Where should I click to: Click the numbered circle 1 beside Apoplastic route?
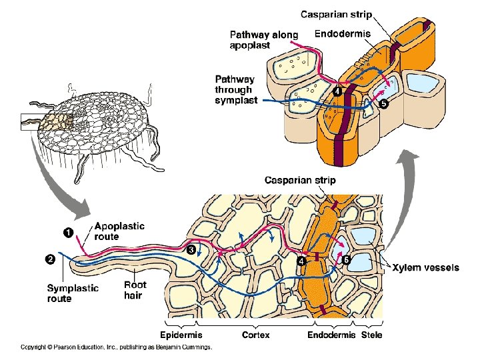(67, 231)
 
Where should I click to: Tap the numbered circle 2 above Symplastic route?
(49, 260)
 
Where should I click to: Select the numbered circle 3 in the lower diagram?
(191, 249)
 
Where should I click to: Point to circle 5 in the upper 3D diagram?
(383, 103)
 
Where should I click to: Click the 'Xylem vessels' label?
(425, 267)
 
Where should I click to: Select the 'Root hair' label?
(135, 289)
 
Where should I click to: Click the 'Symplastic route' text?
(72, 293)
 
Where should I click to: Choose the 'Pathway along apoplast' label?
(263, 40)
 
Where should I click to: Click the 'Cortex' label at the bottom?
(255, 335)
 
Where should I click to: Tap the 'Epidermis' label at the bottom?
(181, 335)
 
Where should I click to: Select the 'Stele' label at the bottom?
(371, 335)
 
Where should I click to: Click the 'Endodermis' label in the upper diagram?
(342, 34)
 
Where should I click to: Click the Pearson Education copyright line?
(116, 347)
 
